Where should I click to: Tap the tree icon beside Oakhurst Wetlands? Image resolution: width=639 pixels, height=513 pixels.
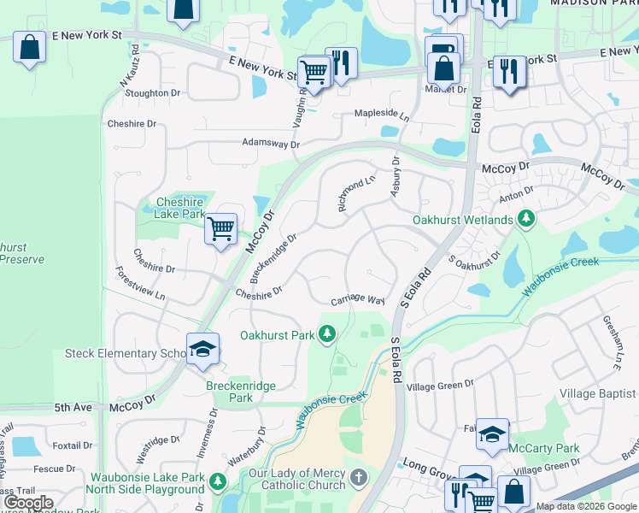click(x=527, y=220)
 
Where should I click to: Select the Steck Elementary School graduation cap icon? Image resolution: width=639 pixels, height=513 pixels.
click(x=202, y=351)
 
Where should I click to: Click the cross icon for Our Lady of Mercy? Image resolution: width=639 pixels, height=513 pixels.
click(x=360, y=475)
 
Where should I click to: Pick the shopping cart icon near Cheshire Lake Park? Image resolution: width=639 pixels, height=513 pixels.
click(x=221, y=229)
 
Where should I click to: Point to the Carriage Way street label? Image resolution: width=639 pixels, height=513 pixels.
click(x=358, y=300)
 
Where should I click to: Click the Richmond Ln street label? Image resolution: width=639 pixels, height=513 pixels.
click(x=357, y=194)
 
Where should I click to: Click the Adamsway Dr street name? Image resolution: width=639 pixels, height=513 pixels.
click(x=271, y=144)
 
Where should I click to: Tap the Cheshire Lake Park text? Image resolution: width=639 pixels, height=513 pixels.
click(x=180, y=208)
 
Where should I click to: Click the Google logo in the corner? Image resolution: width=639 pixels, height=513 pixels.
click(x=28, y=503)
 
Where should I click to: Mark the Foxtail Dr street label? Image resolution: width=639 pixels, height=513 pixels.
click(x=72, y=445)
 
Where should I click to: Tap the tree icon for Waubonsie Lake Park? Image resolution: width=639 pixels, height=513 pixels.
click(x=218, y=483)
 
